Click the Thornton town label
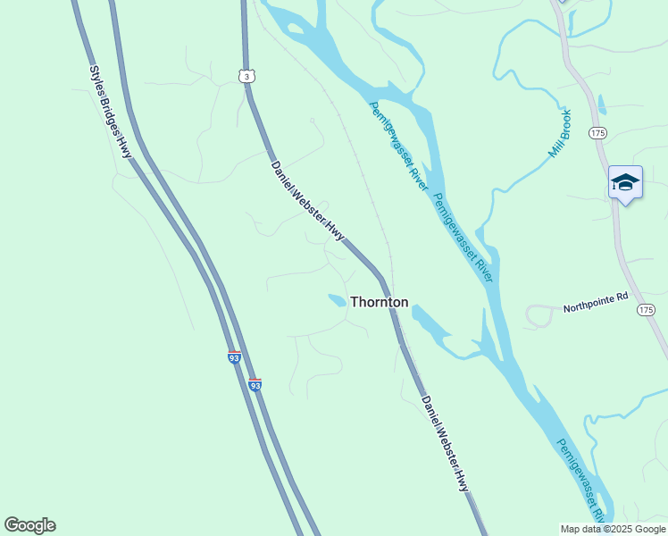click(x=379, y=302)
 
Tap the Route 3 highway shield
click(x=246, y=77)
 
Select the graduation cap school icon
click(x=625, y=182)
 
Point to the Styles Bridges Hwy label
click(x=110, y=113)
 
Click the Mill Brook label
click(x=559, y=135)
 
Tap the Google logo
click(x=29, y=525)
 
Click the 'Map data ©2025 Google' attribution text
click(x=614, y=529)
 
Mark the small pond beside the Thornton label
click(x=337, y=301)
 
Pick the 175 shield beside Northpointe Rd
click(x=646, y=309)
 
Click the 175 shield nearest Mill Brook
click(x=597, y=132)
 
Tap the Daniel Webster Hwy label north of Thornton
click(x=307, y=199)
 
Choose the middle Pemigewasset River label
click(x=463, y=238)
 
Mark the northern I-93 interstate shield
click(x=234, y=356)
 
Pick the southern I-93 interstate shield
click(x=255, y=385)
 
